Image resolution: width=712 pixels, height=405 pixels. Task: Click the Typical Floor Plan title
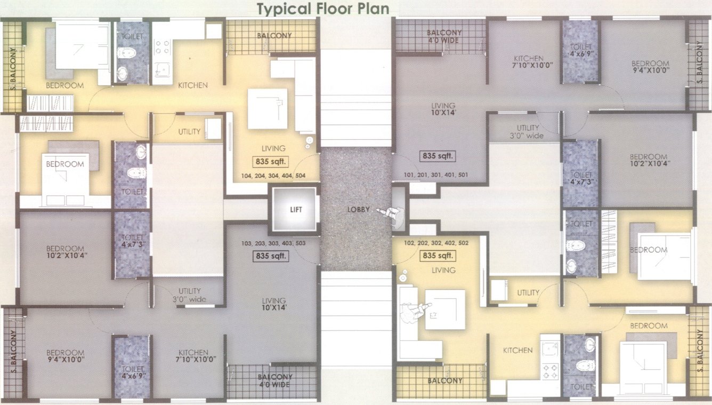323,9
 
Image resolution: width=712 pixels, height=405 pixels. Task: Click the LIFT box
296,210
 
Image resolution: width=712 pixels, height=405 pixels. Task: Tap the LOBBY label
358,210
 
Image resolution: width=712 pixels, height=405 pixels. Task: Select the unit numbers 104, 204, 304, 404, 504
273,175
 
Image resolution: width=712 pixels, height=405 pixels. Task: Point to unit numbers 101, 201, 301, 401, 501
436,174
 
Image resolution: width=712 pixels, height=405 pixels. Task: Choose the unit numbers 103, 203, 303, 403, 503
273,243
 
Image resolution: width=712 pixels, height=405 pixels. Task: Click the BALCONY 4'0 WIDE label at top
444,36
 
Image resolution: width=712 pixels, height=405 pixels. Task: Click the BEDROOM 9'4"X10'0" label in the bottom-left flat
65,356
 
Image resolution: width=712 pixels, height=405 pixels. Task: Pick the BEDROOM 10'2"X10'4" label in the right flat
648,160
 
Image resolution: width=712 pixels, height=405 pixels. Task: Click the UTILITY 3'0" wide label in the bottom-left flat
189,295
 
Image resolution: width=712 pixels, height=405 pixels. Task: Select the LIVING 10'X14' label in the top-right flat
443,109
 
